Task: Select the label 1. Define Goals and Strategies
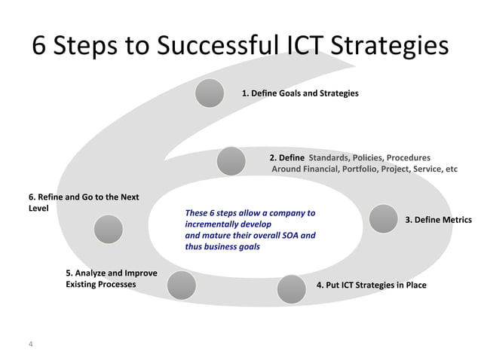point(299,93)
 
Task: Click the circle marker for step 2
point(231,160)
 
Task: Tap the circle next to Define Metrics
point(383,218)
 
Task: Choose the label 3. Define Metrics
point(438,220)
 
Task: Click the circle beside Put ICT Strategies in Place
point(291,288)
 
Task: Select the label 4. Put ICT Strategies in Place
point(371,285)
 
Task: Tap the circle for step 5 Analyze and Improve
point(182,285)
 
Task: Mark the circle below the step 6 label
point(109,229)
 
